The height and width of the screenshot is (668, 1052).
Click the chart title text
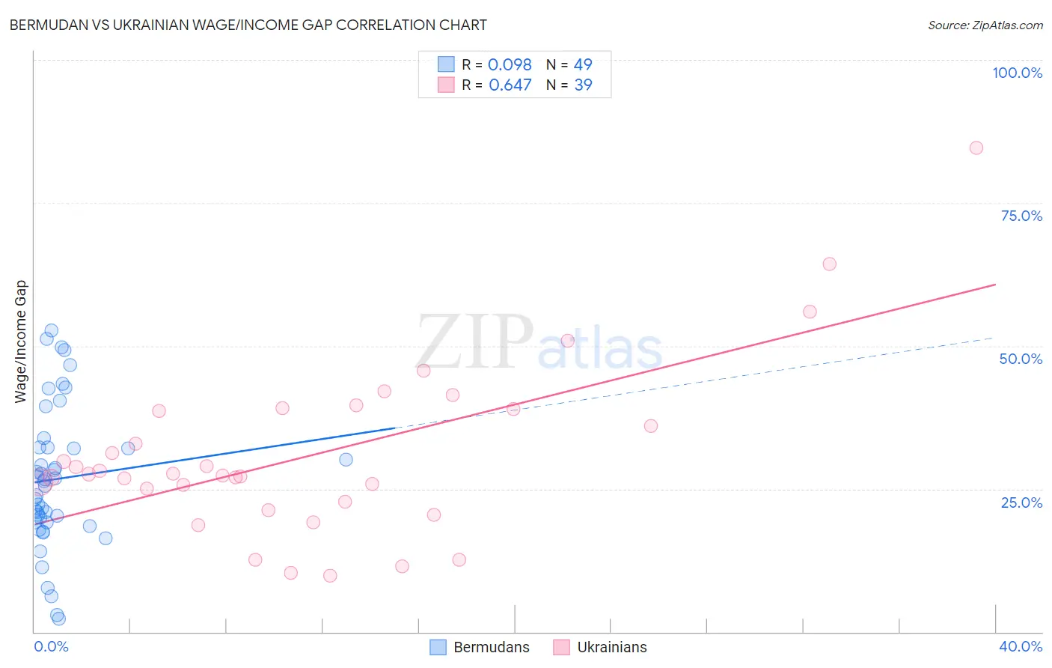[x=248, y=25]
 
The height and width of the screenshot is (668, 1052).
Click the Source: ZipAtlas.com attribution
[x=985, y=25]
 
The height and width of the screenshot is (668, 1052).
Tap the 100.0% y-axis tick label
[x=1017, y=73]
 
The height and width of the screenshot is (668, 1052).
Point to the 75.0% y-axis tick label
[x=1021, y=216]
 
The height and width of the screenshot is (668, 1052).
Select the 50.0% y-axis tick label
[x=1021, y=359]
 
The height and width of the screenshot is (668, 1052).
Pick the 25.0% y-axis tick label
[x=1021, y=502]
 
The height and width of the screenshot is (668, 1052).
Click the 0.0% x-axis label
[x=51, y=646]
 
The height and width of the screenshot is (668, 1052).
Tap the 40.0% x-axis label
[x=1021, y=646]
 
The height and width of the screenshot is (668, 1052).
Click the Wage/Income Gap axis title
[x=21, y=341]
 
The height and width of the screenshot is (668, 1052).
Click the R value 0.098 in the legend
[x=510, y=65]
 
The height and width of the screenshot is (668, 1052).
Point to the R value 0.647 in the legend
[x=510, y=85]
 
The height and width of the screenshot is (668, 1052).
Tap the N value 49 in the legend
[x=583, y=65]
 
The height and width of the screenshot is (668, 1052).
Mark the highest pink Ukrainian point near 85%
[x=976, y=148]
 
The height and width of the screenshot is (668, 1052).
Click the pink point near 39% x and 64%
[x=829, y=264]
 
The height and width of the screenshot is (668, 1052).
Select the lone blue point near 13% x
[x=346, y=460]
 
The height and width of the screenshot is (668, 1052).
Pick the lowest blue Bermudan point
[x=59, y=619]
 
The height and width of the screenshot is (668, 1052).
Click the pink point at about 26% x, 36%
[x=651, y=426]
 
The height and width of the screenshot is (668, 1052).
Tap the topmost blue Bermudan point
[x=51, y=330]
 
